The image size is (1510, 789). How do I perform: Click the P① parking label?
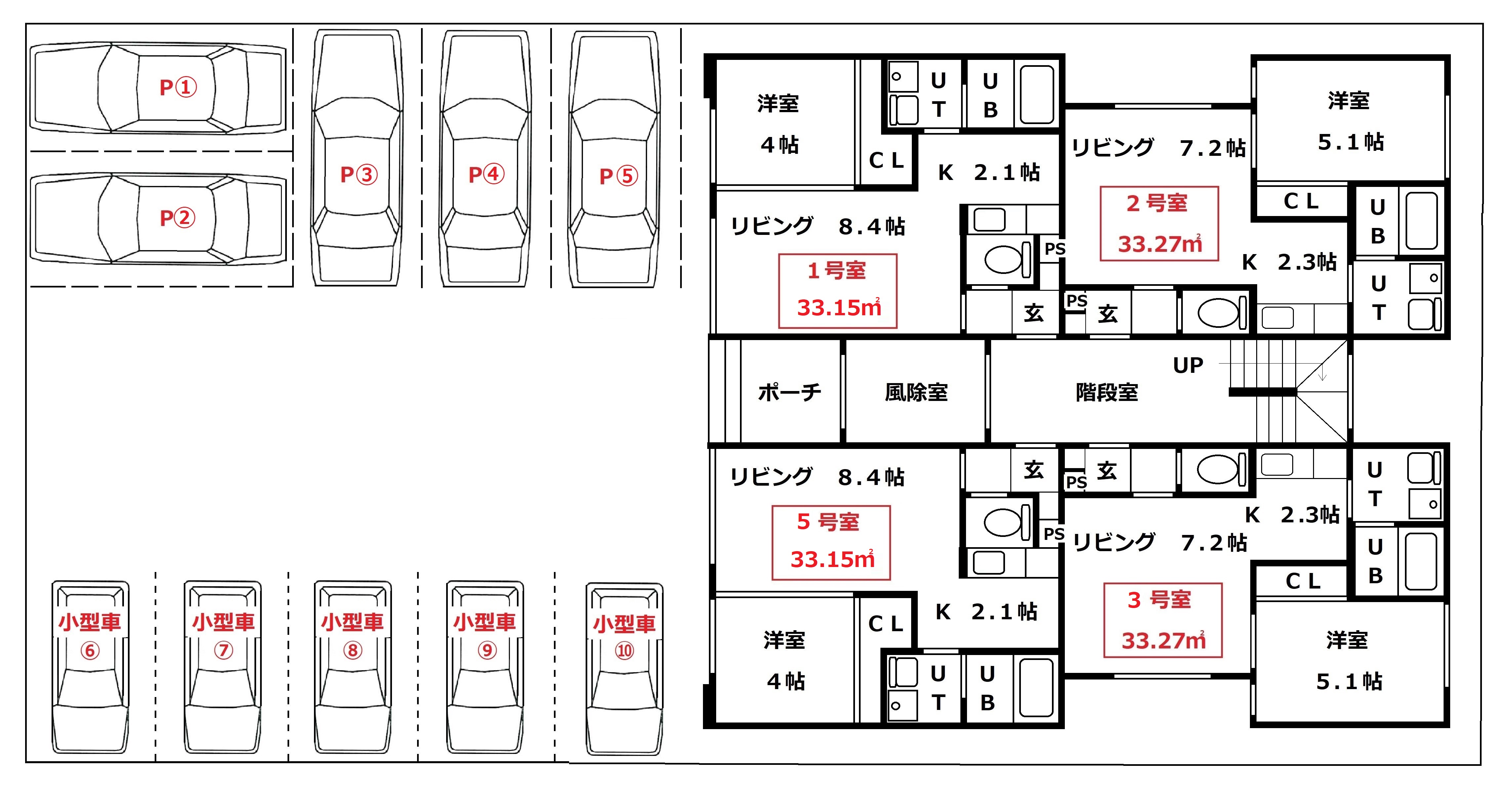click(x=178, y=87)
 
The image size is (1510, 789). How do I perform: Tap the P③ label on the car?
click(x=359, y=174)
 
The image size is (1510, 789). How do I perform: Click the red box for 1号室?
click(x=838, y=291)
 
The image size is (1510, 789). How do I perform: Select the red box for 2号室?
click(x=1159, y=224)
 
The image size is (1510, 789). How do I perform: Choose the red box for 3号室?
click(x=1163, y=620)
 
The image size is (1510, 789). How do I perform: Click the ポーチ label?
click(x=790, y=392)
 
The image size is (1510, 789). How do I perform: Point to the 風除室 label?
click(x=916, y=392)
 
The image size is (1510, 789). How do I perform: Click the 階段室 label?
click(x=1107, y=392)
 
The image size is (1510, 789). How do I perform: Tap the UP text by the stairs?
click(x=1188, y=366)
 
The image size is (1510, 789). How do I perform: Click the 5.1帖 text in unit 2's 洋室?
click(x=1351, y=142)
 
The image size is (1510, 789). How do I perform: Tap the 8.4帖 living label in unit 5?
click(x=871, y=477)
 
